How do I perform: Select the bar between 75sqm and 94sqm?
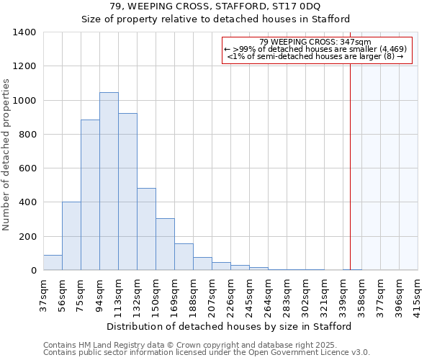[90, 195]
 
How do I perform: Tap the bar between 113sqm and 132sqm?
[127, 192]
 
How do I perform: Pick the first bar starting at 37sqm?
[53, 263]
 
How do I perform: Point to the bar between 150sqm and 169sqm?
[165, 244]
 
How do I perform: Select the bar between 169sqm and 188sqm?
[184, 257]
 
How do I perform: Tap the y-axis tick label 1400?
[24, 32]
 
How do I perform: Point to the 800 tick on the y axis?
[27, 135]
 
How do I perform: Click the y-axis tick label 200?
[27, 237]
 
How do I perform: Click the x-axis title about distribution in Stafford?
[230, 326]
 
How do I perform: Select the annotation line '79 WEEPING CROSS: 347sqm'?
[315, 42]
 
